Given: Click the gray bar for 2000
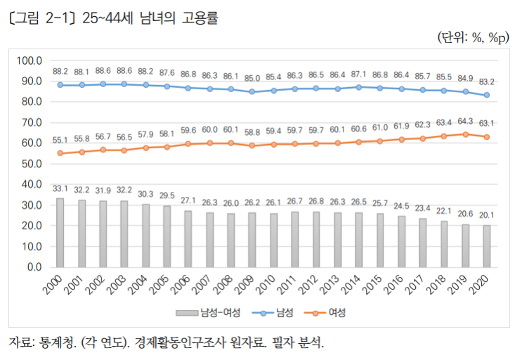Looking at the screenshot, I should point(60,233).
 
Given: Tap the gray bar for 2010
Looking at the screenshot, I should point(273,240).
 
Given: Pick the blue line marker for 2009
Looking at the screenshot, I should point(252,91).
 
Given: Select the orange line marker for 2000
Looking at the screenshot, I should point(60,153).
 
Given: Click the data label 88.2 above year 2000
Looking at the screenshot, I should point(60,71).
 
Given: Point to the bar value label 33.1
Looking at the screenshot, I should point(60,188).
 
